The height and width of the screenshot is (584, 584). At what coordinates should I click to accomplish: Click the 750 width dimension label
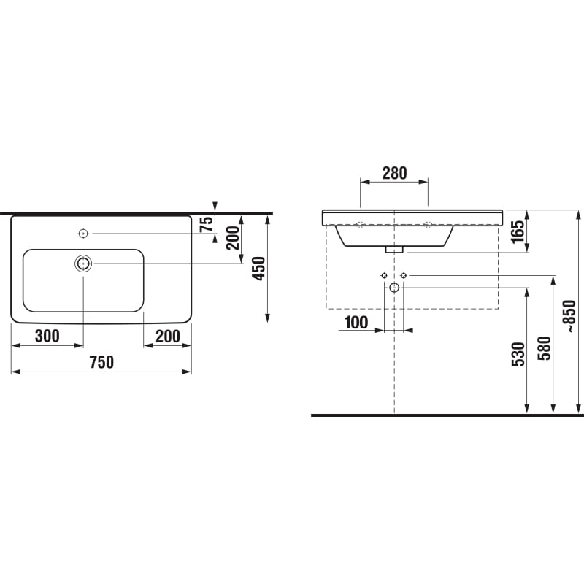pos(101,362)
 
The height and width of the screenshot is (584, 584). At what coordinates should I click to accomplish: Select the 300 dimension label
pos(47,336)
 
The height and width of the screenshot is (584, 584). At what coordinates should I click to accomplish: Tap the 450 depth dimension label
pos(259,268)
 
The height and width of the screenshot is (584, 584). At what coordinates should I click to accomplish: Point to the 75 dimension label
pos(207,224)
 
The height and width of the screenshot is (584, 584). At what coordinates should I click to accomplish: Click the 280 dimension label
pos(395,173)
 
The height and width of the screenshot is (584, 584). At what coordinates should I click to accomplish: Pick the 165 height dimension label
pos(518,232)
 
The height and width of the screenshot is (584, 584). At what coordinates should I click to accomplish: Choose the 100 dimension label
pos(356,323)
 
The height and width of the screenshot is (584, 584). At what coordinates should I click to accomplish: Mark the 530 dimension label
pos(518,354)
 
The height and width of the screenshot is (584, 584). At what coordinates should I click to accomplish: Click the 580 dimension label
pos(544,348)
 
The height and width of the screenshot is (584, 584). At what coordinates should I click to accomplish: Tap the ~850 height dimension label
pos(570,316)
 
